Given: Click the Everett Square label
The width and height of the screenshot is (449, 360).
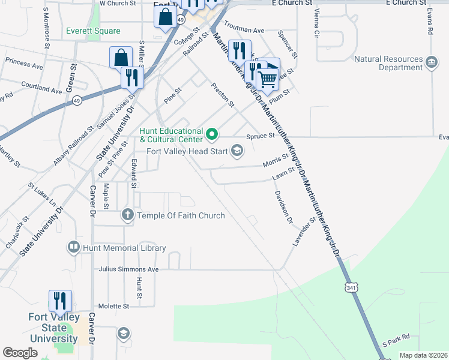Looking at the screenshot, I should coord(93,31).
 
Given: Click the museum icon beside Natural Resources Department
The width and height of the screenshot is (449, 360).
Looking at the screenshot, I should coord(431,62).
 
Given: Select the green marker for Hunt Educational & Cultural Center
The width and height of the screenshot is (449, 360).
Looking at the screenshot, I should coord(211,133).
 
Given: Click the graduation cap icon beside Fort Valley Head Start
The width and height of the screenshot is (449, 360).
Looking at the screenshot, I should coord(237,151).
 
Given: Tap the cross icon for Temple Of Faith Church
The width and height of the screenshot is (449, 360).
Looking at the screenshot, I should coord(127,215).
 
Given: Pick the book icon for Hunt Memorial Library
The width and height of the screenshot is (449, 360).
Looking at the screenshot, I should coord(74,247).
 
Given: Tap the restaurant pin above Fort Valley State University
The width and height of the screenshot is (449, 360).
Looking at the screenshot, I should coord(60,300).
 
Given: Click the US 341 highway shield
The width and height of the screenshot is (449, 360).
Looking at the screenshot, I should coord(351,288).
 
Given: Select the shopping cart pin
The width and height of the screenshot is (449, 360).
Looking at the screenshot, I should coord(267,79).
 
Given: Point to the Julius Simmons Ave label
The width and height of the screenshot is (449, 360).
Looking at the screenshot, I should coord(128,269).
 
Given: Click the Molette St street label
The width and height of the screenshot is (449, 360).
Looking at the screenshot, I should coord(114,306).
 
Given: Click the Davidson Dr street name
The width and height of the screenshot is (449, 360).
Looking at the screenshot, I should coord(283,207).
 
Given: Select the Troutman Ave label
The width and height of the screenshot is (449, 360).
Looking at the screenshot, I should coord(244,29).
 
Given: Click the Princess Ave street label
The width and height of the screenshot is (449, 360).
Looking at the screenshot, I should coord(24,62).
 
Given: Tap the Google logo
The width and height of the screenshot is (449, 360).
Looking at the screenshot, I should coord(20,352).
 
